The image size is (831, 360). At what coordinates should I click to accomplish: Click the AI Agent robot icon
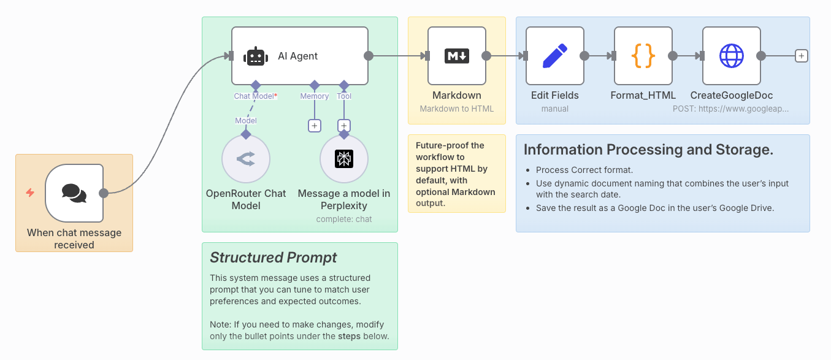click(x=256, y=56)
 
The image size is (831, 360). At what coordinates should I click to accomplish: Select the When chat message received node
click(x=74, y=193)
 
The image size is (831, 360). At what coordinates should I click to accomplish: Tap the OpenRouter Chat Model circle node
click(x=246, y=159)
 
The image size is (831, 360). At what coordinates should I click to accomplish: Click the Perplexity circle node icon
click(x=344, y=159)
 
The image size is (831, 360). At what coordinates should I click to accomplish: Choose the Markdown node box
click(x=457, y=56)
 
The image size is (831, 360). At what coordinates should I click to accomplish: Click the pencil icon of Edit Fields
click(x=555, y=56)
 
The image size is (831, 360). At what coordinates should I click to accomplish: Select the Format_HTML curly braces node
click(x=643, y=56)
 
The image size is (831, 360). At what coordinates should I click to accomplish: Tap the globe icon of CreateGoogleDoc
click(x=732, y=56)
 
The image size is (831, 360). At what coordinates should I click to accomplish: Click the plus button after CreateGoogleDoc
click(x=801, y=56)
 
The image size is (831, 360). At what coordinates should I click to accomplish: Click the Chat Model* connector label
click(x=255, y=96)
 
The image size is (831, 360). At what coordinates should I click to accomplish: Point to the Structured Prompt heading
click(x=274, y=258)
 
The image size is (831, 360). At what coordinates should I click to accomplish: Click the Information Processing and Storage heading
click(x=648, y=150)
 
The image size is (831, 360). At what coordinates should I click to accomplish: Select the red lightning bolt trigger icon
click(x=30, y=193)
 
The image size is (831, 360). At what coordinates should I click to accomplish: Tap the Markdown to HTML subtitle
click(x=457, y=109)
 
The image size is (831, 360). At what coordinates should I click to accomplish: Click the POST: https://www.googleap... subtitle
click(x=730, y=109)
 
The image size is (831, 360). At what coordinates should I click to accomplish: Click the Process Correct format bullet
click(x=584, y=170)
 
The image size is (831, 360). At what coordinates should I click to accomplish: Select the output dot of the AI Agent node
click(x=369, y=56)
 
